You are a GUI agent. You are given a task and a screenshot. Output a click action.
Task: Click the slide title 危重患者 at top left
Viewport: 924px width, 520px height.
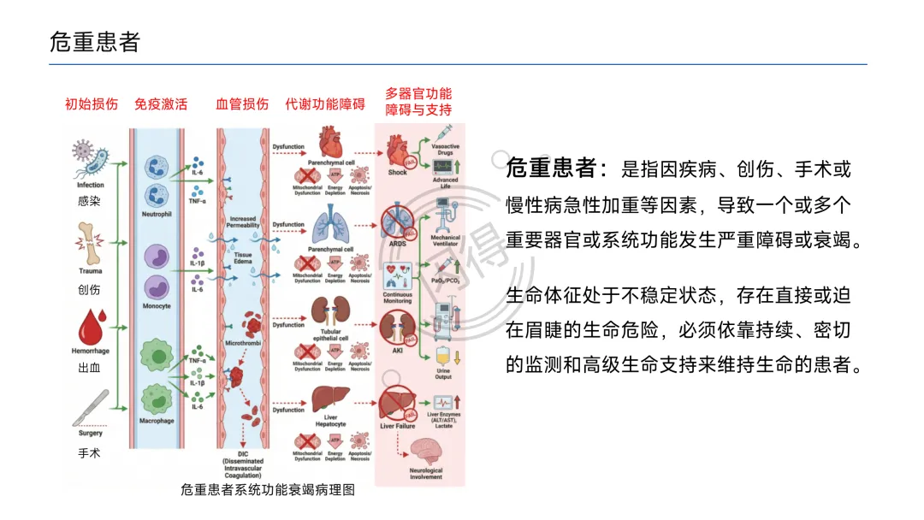94,42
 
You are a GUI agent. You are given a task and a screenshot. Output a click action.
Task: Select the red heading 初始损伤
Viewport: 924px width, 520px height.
92,104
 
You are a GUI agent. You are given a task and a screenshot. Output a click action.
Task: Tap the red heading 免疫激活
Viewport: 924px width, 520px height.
161,104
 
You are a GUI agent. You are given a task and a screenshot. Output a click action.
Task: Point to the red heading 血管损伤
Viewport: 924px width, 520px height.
242,104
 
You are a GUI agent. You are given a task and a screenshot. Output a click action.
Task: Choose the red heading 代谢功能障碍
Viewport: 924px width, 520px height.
325,104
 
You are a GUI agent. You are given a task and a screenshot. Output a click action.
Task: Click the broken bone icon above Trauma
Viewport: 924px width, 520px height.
90,235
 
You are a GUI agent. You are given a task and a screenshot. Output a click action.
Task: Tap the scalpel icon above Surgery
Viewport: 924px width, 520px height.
92,407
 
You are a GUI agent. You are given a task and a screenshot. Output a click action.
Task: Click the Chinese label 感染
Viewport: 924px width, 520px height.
89,201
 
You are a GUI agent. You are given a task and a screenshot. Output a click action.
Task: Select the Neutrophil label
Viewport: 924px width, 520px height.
157,215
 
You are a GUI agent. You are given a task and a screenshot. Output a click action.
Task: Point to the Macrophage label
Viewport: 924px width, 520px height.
157,421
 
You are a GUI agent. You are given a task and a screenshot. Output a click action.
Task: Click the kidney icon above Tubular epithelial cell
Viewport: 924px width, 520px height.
330,312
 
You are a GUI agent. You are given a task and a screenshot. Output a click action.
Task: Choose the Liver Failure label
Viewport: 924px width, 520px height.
398,426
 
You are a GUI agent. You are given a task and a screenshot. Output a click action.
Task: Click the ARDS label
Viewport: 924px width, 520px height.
398,243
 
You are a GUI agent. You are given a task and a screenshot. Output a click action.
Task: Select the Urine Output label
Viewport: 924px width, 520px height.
443,374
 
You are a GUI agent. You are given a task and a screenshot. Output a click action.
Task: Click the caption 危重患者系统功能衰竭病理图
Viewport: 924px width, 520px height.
267,490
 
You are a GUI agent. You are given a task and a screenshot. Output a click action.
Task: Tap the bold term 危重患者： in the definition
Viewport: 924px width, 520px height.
557,168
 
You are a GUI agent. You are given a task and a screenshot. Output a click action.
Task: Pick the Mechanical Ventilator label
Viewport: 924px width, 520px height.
446,240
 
